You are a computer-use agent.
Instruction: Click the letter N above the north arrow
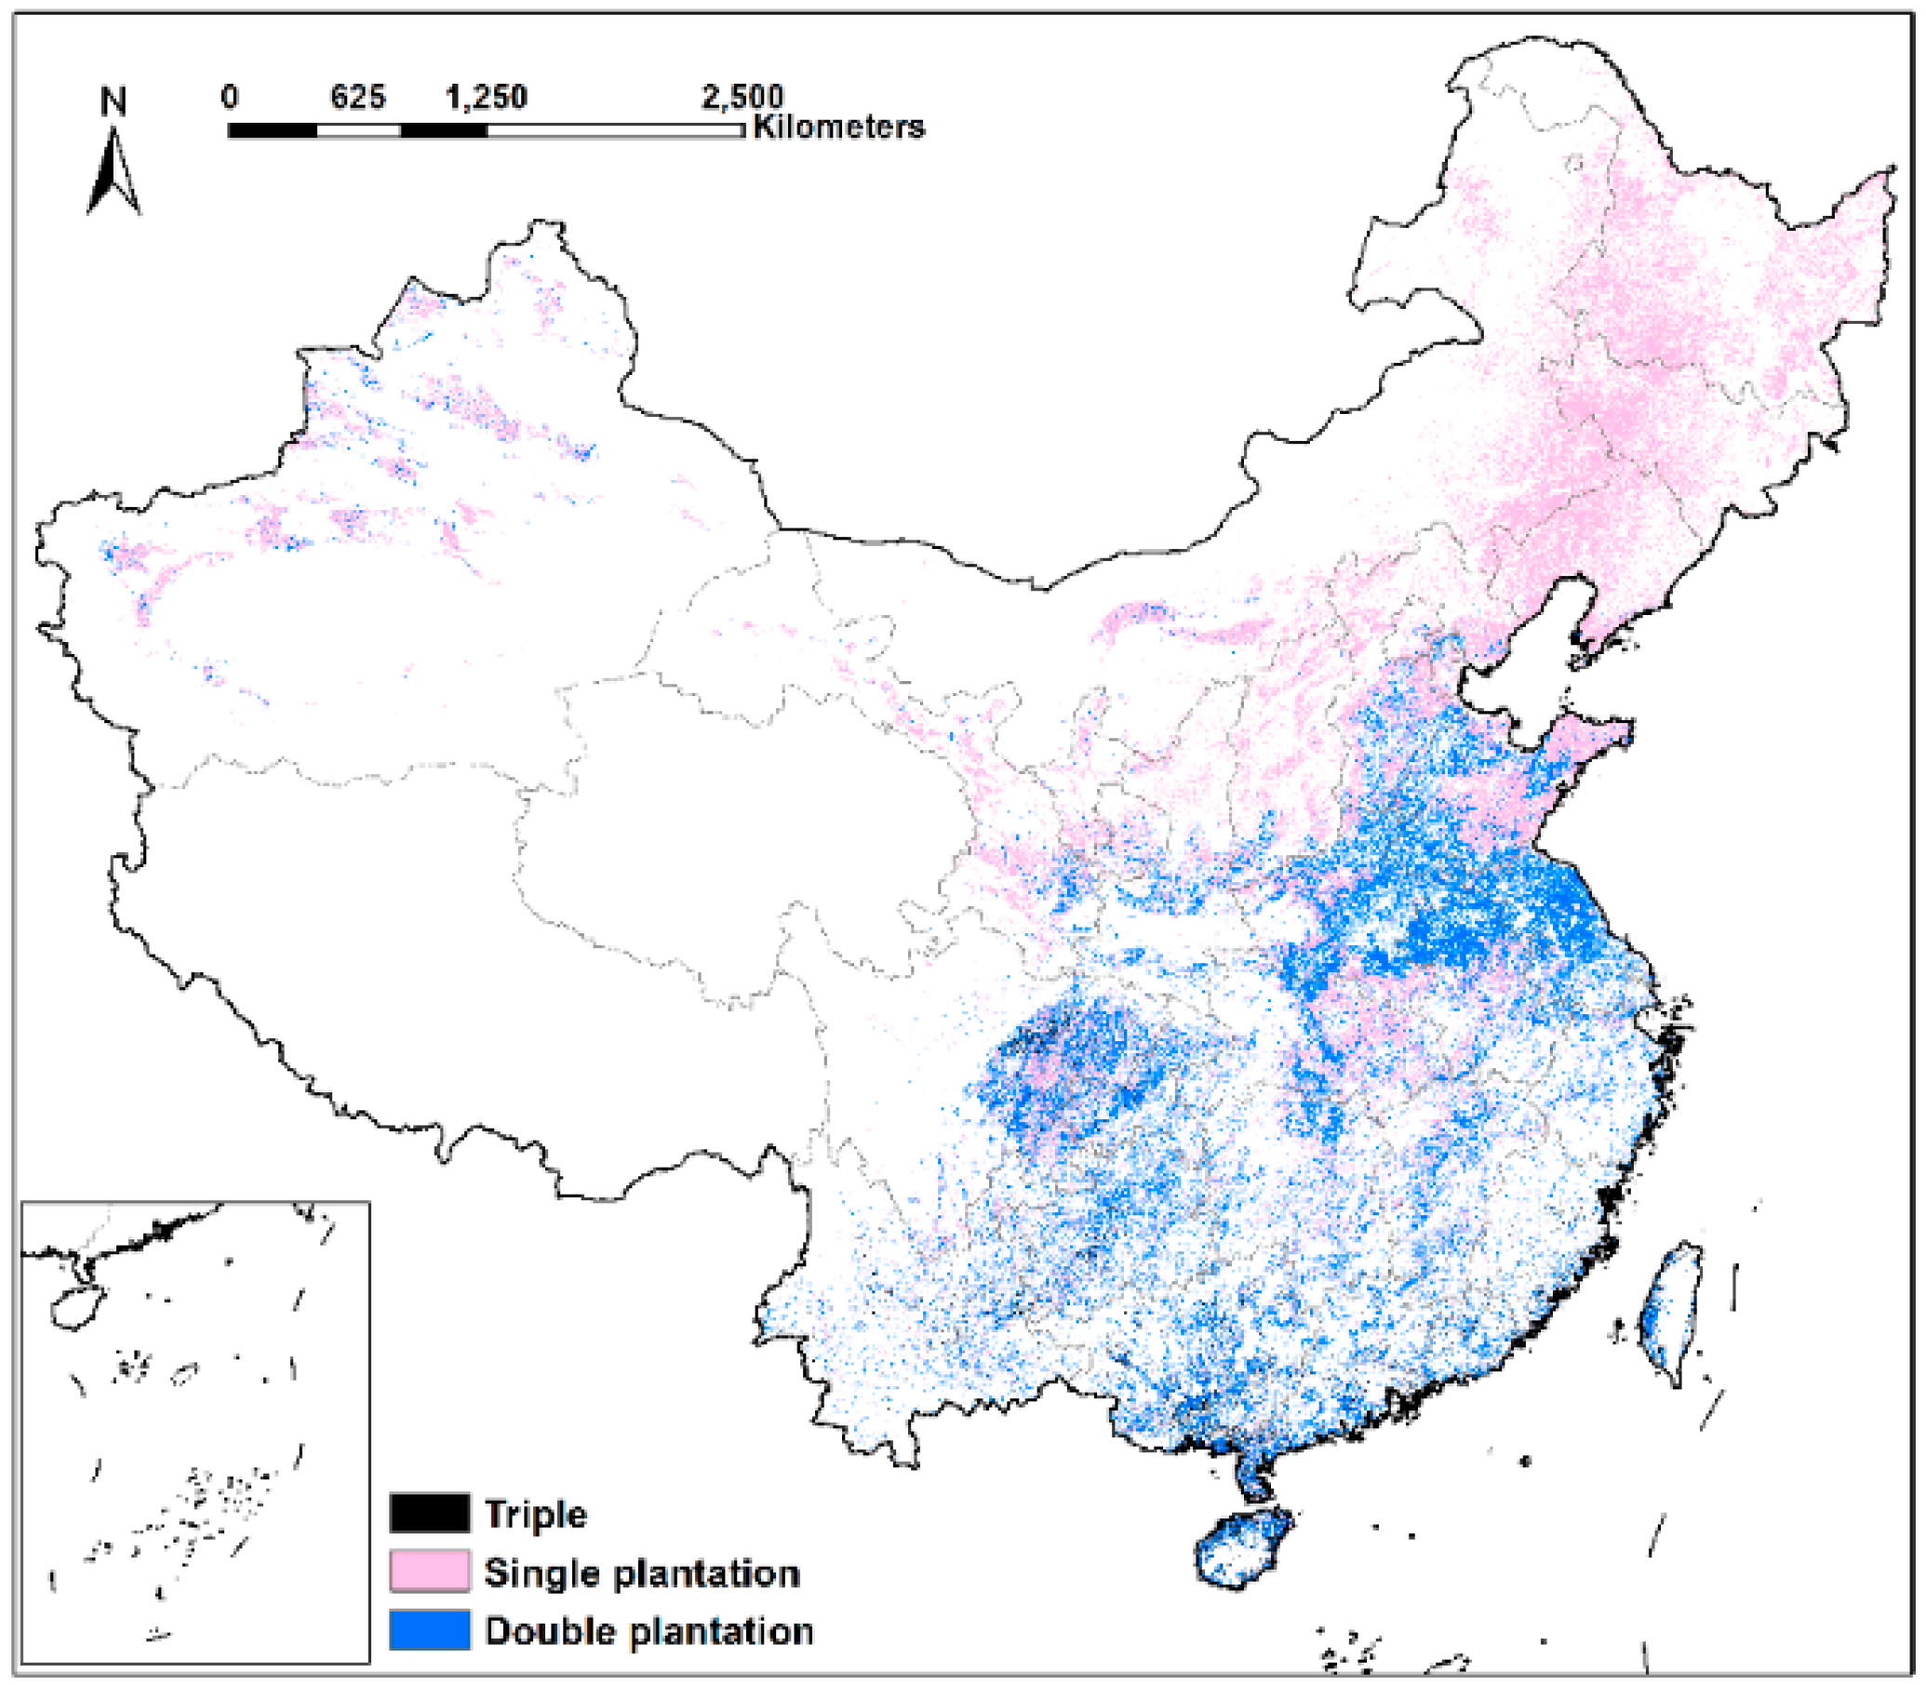point(114,100)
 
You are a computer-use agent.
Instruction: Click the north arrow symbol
point(114,174)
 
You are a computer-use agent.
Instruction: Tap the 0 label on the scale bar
point(230,96)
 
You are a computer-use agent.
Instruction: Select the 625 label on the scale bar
point(357,96)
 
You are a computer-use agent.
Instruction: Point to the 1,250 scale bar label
point(487,96)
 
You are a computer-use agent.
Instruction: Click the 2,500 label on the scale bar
point(742,96)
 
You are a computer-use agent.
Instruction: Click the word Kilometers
point(839,127)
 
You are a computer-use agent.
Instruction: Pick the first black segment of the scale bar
point(272,130)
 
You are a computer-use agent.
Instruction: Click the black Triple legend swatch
point(430,1513)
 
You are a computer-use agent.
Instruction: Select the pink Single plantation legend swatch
point(430,1571)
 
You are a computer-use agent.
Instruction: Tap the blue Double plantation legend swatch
point(430,1629)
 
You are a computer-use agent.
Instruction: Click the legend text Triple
point(535,1514)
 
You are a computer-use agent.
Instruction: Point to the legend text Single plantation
point(641,1572)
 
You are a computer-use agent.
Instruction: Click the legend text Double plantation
point(649,1630)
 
